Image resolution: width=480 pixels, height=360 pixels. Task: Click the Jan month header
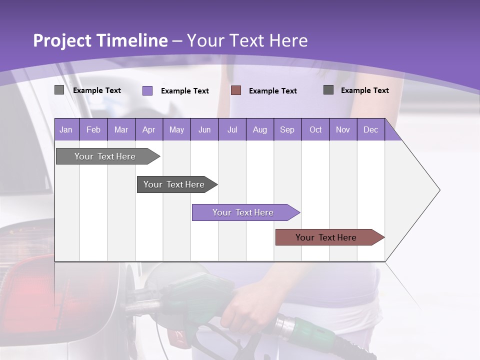tap(66, 129)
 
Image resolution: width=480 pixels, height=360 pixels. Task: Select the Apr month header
tap(148, 129)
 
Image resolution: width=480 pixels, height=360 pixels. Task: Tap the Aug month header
tap(259, 129)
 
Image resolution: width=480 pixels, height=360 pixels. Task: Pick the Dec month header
tap(370, 129)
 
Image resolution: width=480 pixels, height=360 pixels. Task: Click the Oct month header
tap(315, 129)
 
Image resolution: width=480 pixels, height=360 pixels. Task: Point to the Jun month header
tap(204, 129)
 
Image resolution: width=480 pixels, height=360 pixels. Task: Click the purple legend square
tap(147, 90)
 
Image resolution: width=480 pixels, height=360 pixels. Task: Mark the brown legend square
tap(236, 90)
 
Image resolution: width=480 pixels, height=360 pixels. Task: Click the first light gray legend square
tap(59, 90)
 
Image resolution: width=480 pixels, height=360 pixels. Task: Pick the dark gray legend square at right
tap(328, 90)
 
